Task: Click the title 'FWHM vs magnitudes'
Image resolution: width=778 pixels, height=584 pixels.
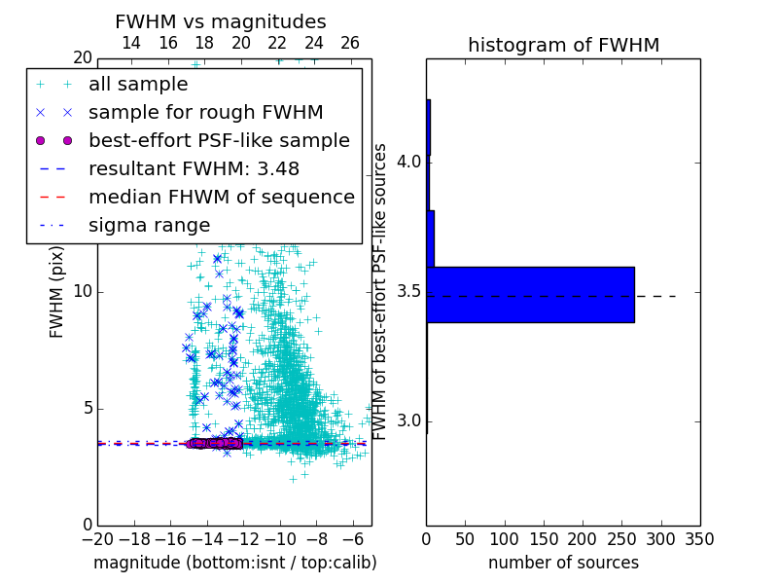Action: [221, 21]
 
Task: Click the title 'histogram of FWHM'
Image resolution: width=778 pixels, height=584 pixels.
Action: [563, 45]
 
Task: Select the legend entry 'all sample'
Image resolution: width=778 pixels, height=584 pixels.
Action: [138, 85]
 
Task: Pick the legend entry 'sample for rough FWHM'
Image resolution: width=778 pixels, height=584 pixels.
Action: [205, 113]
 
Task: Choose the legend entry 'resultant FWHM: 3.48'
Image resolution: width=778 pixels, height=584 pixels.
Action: [194, 169]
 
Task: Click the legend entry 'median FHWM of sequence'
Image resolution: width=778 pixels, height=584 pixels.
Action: [221, 198]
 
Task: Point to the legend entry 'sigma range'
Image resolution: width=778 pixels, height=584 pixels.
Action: [149, 226]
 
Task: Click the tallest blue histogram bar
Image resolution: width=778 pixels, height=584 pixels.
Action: [530, 294]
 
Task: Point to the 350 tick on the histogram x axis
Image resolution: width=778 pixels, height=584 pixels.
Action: [699, 538]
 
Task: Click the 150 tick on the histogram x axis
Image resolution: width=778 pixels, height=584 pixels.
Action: [544, 538]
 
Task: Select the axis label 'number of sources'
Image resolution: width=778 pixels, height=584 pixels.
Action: [563, 563]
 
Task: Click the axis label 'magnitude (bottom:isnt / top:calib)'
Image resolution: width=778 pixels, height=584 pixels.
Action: [234, 563]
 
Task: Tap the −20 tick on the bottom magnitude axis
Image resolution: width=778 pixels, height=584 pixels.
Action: [97, 538]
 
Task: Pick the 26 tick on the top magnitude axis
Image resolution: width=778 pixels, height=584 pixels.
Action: [350, 44]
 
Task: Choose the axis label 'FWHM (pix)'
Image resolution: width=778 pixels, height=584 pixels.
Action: [57, 292]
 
